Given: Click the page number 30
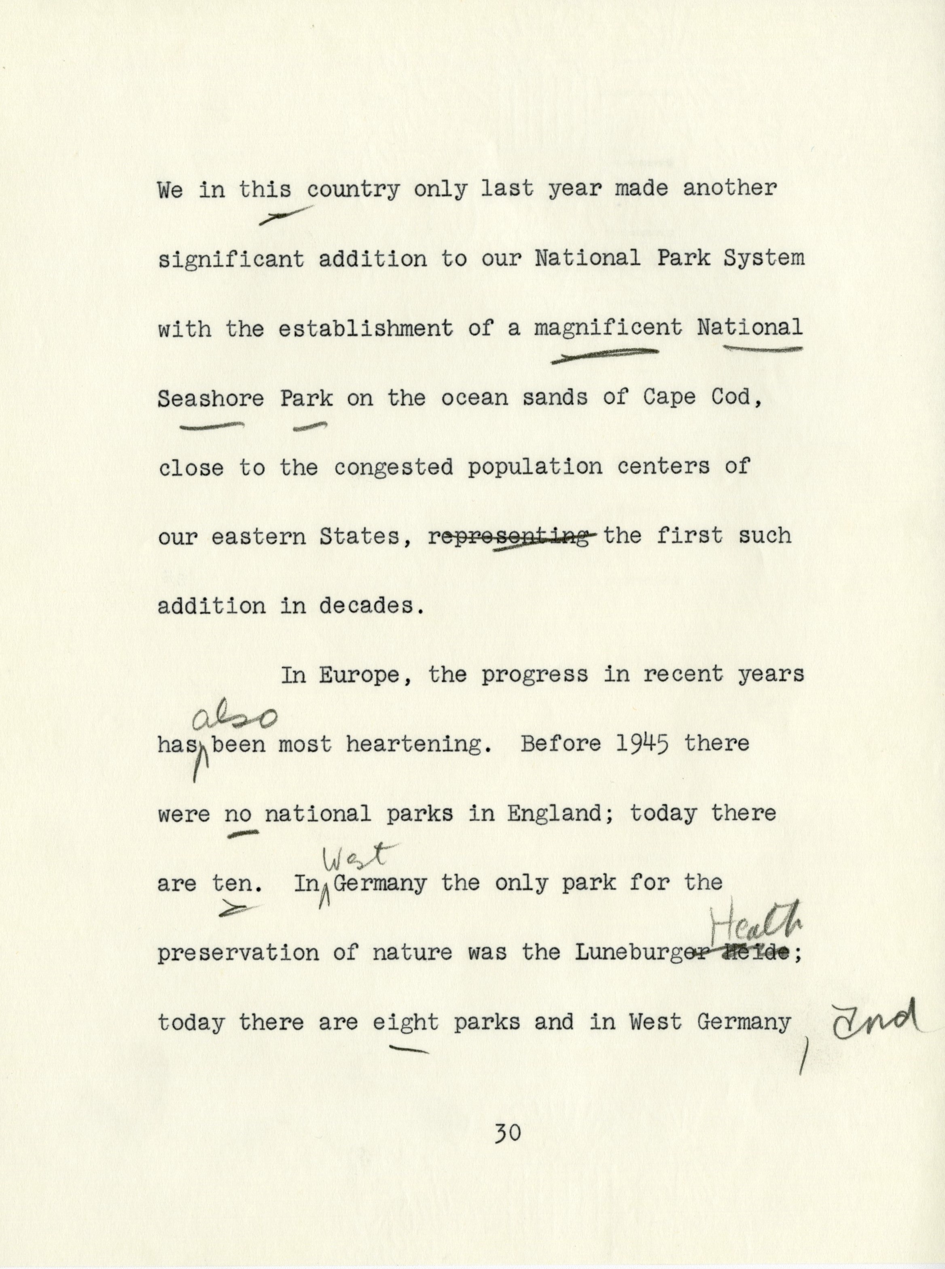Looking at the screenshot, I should (509, 1132).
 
